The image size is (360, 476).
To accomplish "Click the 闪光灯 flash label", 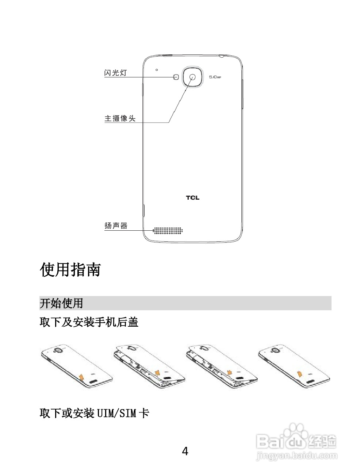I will pos(115,73).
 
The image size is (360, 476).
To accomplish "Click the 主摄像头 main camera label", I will pos(120,118).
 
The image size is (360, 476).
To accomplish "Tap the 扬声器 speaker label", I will pos(116,226).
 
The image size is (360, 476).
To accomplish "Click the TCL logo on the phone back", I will pos(193,198).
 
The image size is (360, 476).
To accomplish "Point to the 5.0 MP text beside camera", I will pos(215,77).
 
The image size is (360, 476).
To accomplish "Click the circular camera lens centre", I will pos(192,77).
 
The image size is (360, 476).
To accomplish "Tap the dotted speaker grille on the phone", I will pos(168,230).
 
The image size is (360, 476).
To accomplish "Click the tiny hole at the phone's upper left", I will pos(157,69).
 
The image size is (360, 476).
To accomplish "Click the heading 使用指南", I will pos(70,270).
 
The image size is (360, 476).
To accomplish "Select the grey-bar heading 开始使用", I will pos(61,303).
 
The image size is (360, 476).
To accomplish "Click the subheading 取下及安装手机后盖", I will pos(89,322).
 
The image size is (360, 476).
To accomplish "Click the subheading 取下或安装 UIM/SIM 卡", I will pos(94,413).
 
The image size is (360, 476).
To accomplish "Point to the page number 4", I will pos(185,452).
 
